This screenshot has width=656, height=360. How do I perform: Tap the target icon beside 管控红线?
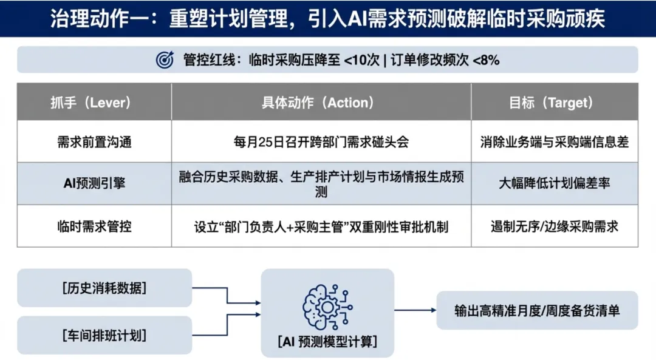tap(165, 59)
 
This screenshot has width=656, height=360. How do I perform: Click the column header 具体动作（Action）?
tap(321, 103)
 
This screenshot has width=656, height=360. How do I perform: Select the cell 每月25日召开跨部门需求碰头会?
tap(321, 142)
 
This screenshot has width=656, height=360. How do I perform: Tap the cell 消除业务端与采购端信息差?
tap(554, 142)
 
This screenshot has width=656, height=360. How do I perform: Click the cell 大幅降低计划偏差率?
tap(554, 183)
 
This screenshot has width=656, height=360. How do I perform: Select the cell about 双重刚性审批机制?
tap(321, 226)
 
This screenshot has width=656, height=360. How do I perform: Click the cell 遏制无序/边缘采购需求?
tap(554, 226)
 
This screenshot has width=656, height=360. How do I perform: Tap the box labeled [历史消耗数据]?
tap(104, 288)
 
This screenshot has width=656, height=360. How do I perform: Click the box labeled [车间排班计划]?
tap(104, 335)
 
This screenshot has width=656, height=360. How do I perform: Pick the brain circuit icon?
tap(327, 305)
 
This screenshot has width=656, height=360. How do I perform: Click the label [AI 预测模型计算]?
tap(327, 341)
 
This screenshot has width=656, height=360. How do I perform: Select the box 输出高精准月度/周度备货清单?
tap(537, 310)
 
